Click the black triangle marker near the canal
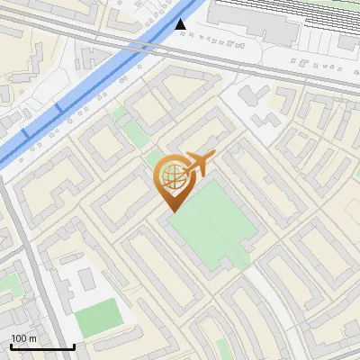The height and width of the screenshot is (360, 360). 181,25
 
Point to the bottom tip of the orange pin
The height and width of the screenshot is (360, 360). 171,211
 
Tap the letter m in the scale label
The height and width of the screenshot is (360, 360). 32,338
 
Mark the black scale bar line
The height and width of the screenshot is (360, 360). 42,346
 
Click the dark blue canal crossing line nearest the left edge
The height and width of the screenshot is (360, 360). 23,133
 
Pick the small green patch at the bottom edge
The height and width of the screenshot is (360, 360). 222,349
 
